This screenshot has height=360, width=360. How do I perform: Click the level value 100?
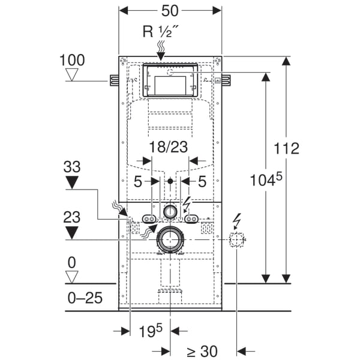click(x=72, y=60)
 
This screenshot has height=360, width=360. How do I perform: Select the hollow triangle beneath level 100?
click(x=73, y=75)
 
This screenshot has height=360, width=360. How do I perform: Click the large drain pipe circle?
click(x=170, y=240)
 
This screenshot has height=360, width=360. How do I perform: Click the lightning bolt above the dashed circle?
click(x=238, y=221)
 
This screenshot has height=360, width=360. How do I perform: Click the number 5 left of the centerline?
click(x=138, y=181)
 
